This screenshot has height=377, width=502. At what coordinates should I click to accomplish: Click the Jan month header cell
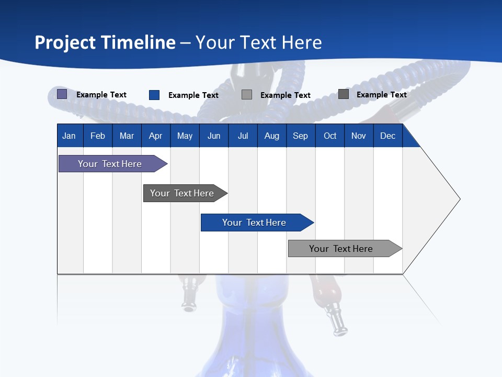coord(69,136)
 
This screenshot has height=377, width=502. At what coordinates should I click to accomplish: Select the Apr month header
coord(155,136)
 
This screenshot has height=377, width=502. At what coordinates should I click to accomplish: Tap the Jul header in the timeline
coord(243,136)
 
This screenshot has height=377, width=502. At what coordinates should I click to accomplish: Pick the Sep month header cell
coord(300,136)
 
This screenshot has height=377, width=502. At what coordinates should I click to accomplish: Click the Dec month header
coord(387,136)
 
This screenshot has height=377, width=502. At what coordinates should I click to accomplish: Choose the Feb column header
coord(98,136)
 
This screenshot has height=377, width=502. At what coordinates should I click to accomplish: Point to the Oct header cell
coord(330,136)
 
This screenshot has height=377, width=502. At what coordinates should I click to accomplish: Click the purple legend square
coord(62,94)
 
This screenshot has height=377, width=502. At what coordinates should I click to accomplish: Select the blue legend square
coord(154,95)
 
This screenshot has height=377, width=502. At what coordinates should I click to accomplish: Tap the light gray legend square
coord(247,95)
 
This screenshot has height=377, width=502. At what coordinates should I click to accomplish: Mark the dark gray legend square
coord(344,94)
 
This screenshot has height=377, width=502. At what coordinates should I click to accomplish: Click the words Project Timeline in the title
coord(105,42)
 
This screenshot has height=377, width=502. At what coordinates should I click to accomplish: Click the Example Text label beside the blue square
coord(193,95)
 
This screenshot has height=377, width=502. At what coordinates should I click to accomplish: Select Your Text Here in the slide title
coord(259,42)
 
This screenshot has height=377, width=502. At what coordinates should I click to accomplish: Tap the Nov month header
coord(359,136)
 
